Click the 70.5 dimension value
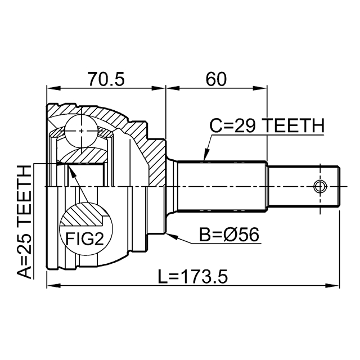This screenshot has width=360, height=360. (x=106, y=79)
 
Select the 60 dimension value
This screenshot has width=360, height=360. (x=216, y=79)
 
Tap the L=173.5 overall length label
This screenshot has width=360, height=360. (x=193, y=276)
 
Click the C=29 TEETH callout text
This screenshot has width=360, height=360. (x=267, y=125)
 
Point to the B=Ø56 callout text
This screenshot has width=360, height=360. (x=229, y=235)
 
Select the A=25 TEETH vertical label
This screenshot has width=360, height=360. (x=24, y=222)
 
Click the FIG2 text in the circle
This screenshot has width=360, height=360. (x=84, y=238)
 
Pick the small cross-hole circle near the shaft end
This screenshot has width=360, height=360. (x=320, y=186)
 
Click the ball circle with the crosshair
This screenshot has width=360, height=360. (x=81, y=131)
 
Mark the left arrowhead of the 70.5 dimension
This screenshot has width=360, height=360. (x=53, y=88)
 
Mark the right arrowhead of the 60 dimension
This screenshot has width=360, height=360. (x=260, y=88)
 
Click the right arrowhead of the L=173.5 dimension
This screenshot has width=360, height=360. (x=333, y=286)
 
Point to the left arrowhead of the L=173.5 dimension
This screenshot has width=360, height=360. (x=53, y=286)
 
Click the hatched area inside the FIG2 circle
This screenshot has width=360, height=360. (x=83, y=214)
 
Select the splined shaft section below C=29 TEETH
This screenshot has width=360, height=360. (x=222, y=186)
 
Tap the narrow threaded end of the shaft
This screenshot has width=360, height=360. (x=304, y=186)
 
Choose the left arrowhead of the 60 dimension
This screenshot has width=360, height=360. (x=172, y=88)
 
